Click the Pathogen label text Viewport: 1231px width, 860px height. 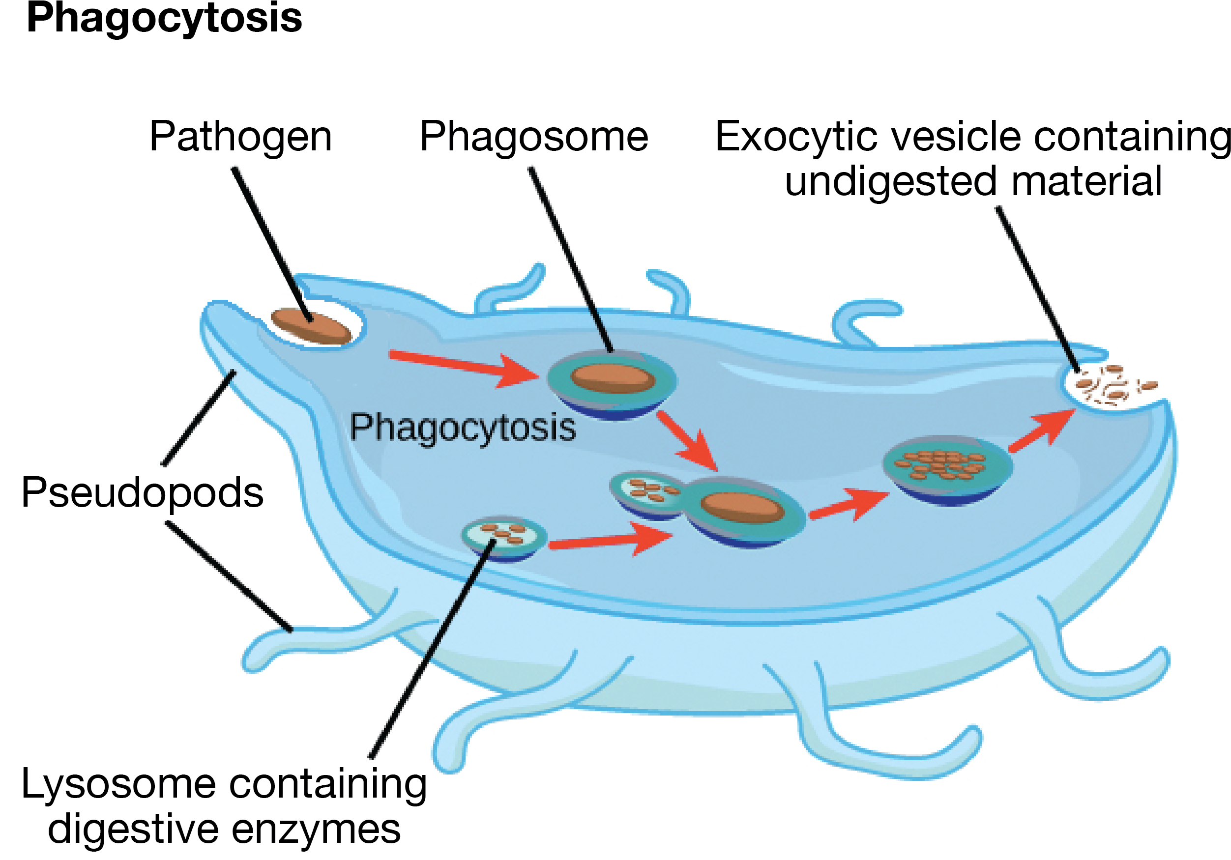pyautogui.click(x=240, y=137)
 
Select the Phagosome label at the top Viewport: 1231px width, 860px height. pyautogui.click(x=533, y=137)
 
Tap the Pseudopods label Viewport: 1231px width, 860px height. pyautogui.click(x=142, y=492)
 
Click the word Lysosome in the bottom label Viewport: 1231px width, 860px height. pyautogui.click(x=118, y=784)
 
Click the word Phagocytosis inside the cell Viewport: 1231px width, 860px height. pyautogui.click(x=463, y=428)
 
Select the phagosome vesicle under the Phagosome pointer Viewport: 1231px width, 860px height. pyautogui.click(x=612, y=383)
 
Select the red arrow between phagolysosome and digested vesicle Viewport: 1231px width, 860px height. pyautogui.click(x=848, y=506)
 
